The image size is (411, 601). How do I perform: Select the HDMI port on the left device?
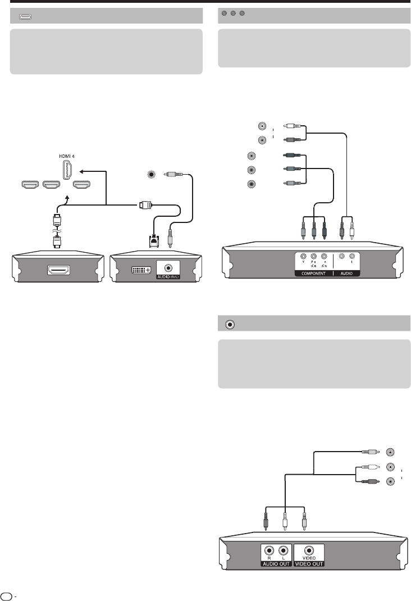[x=57, y=270]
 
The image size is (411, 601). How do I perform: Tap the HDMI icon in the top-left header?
[x=25, y=17]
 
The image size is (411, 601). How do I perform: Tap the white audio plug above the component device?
[x=352, y=230]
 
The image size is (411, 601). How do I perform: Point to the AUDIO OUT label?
[x=276, y=563]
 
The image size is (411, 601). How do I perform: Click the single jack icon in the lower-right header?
[x=229, y=324]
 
